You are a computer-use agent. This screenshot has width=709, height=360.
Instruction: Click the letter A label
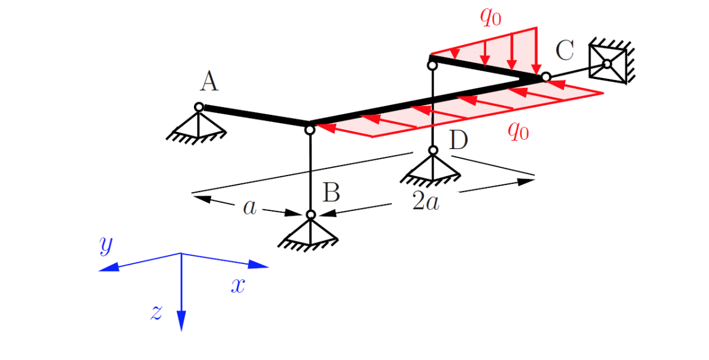[x=209, y=82]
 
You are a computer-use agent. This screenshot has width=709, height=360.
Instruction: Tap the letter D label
[x=459, y=141]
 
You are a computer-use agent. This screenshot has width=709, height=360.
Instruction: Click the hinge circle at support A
[x=199, y=107]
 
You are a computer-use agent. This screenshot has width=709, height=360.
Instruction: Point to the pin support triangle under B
[x=311, y=231]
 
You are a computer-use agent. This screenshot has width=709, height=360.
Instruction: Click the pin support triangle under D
[x=433, y=168]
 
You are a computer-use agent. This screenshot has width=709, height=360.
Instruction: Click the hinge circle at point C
[x=546, y=77]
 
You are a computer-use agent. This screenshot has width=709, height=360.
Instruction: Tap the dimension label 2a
[x=426, y=202]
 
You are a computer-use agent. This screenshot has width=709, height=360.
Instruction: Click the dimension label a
[x=250, y=207]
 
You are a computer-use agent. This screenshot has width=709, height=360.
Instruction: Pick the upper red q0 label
[x=490, y=16]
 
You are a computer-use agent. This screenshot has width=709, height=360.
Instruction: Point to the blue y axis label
[x=105, y=245]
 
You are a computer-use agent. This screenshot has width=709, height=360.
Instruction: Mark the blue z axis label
[x=156, y=312]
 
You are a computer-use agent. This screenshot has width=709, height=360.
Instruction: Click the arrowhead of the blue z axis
[x=181, y=321]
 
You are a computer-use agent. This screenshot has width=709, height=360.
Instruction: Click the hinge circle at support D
[x=433, y=150]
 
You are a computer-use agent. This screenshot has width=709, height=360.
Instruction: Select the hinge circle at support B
[x=311, y=214]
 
